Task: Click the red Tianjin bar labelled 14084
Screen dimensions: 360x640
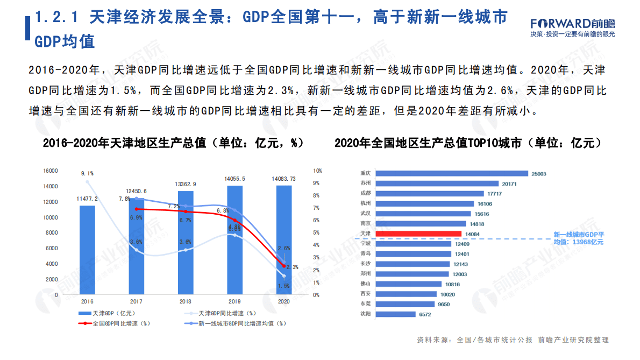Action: pyautogui.click(x=417, y=234)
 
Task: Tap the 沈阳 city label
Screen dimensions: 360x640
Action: pyautogui.click(x=365, y=314)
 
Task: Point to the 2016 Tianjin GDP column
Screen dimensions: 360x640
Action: pyautogui.click(x=87, y=250)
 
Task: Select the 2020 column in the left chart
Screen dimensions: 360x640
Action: pyautogui.click(x=284, y=239)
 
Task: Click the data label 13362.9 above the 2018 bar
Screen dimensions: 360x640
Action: pyautogui.click(x=186, y=184)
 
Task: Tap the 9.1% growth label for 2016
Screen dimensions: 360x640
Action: pyautogui.click(x=87, y=173)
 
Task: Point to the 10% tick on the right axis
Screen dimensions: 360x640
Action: pyautogui.click(x=318, y=171)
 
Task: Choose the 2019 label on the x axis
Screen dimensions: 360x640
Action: pyautogui.click(x=234, y=302)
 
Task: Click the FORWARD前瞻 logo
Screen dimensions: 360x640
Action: pyautogui.click(x=572, y=24)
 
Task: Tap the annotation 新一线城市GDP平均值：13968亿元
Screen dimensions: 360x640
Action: pyautogui.click(x=579, y=238)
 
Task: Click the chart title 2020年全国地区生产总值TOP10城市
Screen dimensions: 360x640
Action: pyautogui.click(x=467, y=143)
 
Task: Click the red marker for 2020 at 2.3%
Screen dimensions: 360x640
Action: pyautogui.click(x=284, y=266)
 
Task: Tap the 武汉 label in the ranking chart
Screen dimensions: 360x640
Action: pyautogui.click(x=365, y=214)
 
